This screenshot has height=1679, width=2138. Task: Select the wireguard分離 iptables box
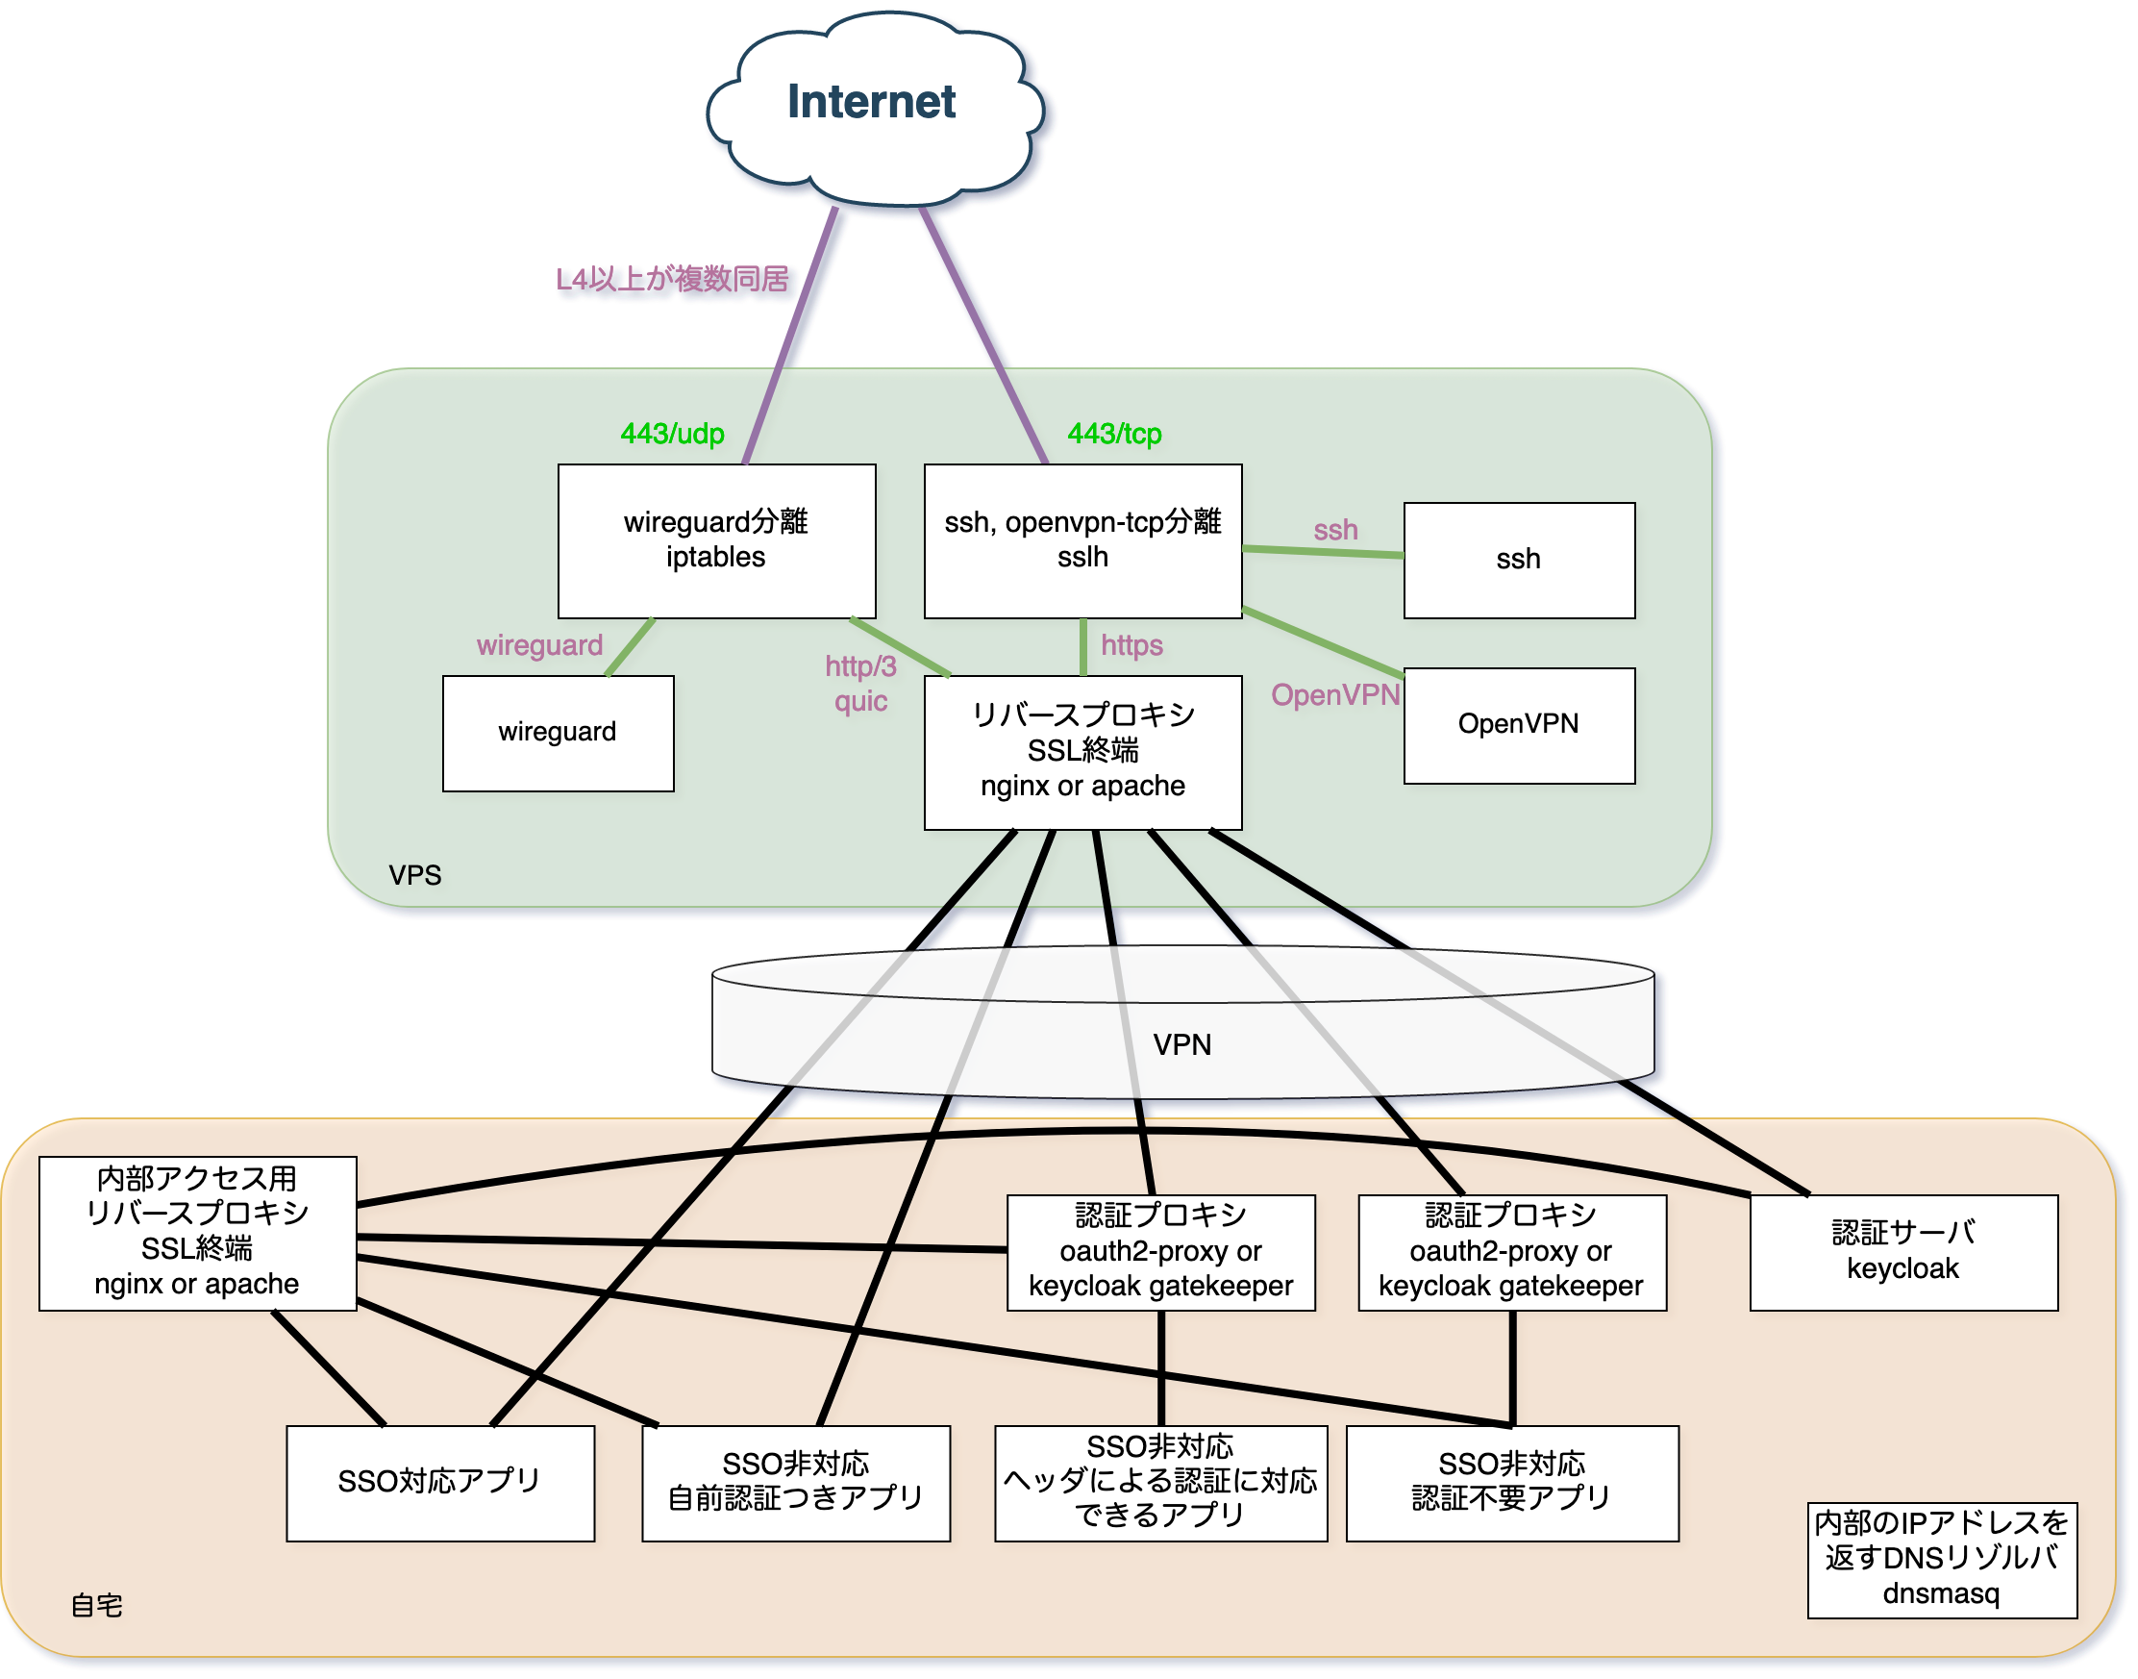(x=716, y=540)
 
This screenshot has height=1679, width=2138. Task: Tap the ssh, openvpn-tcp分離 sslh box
(x=1082, y=540)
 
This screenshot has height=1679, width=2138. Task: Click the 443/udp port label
(x=672, y=434)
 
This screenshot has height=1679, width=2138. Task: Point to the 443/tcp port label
(x=1114, y=434)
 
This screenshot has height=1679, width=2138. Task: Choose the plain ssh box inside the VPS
(x=1518, y=561)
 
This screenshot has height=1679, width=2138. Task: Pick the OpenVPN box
(x=1518, y=725)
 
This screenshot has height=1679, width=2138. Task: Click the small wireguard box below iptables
(x=558, y=733)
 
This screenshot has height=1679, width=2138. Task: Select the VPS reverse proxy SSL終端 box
(x=1082, y=751)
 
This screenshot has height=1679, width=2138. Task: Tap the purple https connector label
(x=1131, y=645)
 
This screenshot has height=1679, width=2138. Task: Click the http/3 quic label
(x=860, y=683)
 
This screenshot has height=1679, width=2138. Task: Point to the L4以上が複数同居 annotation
(x=672, y=279)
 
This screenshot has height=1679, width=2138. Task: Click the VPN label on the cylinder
(x=1182, y=1044)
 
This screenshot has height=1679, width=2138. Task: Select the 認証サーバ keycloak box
(x=1902, y=1251)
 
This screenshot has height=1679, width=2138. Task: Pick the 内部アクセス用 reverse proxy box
(x=197, y=1232)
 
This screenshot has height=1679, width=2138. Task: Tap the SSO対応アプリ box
(x=439, y=1483)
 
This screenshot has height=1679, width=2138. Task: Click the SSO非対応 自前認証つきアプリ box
(x=795, y=1483)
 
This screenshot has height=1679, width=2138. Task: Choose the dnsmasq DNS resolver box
(x=1941, y=1559)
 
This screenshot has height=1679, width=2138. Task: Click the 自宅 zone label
(x=96, y=1605)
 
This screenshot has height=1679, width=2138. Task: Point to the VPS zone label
(x=414, y=875)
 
